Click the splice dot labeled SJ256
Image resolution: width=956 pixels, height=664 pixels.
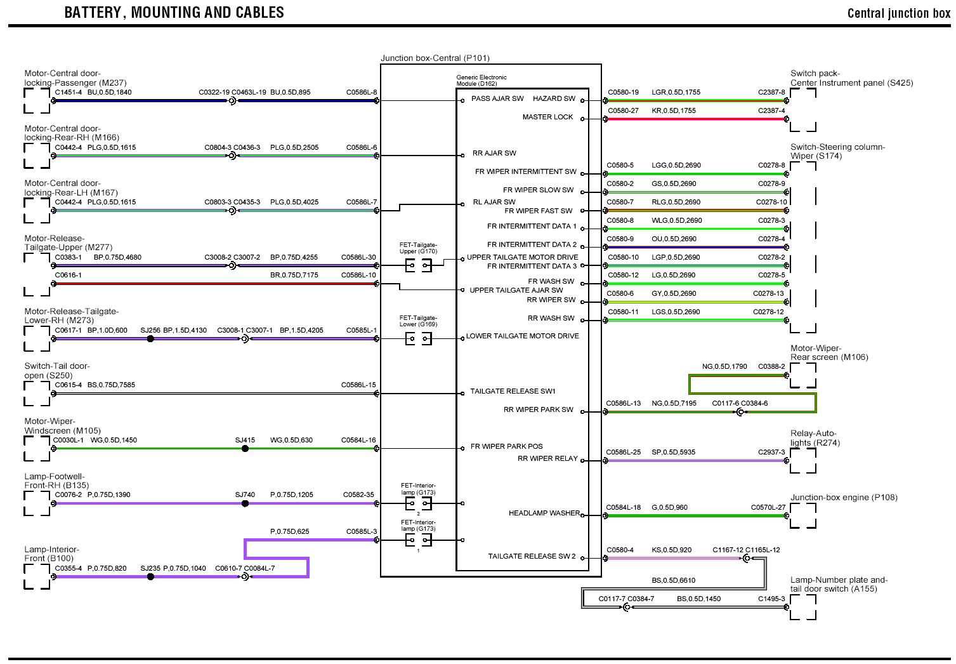click(150, 339)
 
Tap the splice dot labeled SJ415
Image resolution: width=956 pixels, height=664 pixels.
click(245, 449)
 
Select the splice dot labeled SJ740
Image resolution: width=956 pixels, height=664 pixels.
click(245, 503)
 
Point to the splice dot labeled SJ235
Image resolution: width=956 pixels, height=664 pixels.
click(150, 577)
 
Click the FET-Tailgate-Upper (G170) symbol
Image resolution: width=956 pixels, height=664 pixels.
click(418, 266)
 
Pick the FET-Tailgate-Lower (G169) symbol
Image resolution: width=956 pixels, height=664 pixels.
click(418, 339)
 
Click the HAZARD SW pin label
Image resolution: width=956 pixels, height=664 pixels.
click(554, 98)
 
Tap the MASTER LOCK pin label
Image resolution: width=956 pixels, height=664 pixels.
click(547, 117)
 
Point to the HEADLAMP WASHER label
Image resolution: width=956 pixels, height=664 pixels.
click(544, 513)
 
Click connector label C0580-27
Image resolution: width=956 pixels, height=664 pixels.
click(623, 110)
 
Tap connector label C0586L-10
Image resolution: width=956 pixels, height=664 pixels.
click(358, 275)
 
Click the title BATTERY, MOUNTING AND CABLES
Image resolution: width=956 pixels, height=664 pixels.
click(174, 12)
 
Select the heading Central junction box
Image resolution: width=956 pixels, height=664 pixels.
click(898, 13)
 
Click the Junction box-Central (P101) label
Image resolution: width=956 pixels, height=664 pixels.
click(435, 58)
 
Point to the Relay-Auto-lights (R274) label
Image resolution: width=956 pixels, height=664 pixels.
click(815, 438)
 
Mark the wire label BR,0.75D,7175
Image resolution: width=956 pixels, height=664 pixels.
click(294, 275)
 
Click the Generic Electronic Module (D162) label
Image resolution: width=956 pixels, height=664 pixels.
click(481, 81)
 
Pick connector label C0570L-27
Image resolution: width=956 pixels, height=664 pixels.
click(768, 507)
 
